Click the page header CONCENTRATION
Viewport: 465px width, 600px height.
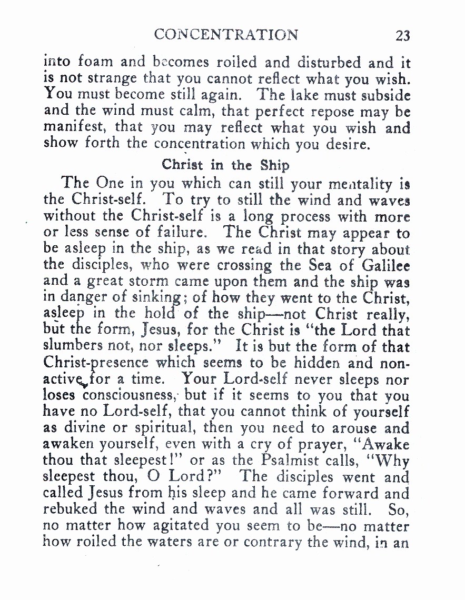(x=226, y=35)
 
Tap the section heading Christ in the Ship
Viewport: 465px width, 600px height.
(x=225, y=165)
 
